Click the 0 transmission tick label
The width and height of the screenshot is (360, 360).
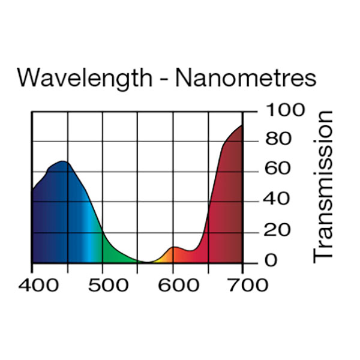point(271,260)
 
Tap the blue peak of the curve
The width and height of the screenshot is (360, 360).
point(62,161)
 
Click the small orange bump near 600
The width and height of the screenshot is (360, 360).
point(175,247)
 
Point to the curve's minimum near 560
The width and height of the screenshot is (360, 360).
point(147,262)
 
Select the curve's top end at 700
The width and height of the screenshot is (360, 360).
point(242,125)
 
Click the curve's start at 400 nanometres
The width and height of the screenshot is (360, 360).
point(32,191)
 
